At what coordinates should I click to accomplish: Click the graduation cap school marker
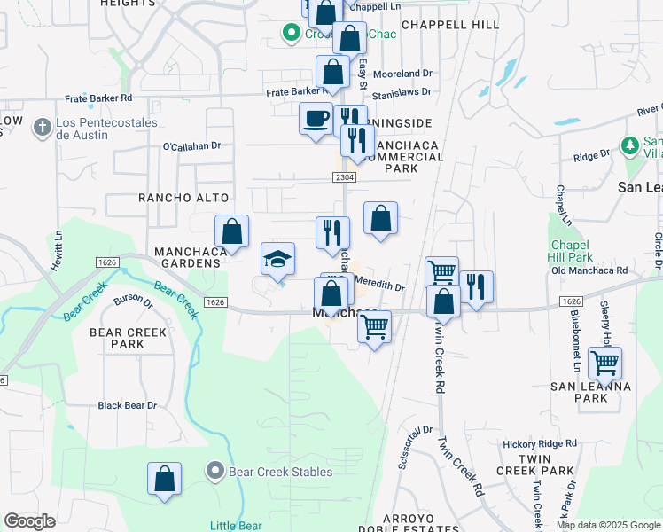click(277, 259)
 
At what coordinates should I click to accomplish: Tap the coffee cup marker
click(316, 119)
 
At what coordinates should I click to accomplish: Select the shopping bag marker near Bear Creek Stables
click(165, 480)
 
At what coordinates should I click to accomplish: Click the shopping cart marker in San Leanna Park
click(604, 363)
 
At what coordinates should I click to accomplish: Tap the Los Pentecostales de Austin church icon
click(42, 128)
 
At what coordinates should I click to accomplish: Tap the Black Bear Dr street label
click(128, 405)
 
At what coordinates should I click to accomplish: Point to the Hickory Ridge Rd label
click(539, 442)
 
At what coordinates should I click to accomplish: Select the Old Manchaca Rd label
click(589, 270)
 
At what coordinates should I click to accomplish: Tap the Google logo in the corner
click(29, 521)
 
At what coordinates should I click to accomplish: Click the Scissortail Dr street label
click(413, 448)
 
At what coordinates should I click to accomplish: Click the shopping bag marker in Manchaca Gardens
click(231, 231)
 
